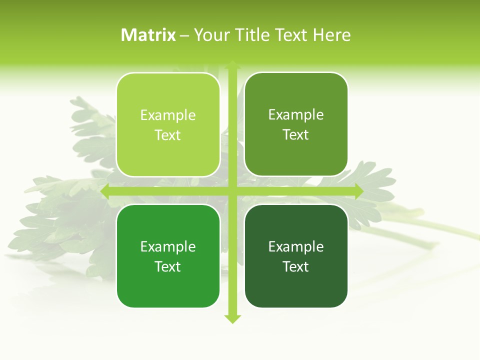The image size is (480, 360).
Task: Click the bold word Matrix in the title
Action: (148, 35)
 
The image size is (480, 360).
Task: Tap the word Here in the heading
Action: (331, 35)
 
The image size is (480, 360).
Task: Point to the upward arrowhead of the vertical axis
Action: (232, 64)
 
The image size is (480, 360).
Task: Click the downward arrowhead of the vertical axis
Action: (232, 319)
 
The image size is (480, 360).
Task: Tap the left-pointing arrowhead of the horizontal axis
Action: (105, 191)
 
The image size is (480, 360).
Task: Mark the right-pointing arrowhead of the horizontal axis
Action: (358, 191)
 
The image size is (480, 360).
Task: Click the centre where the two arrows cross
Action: (232, 191)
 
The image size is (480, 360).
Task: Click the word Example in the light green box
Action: (168, 115)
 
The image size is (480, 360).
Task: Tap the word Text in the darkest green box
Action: (296, 266)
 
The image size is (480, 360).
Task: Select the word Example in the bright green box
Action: (168, 247)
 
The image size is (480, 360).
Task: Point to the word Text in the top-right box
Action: (296, 134)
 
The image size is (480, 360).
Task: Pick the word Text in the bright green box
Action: (168, 266)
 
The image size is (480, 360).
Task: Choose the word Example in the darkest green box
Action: (296, 247)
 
